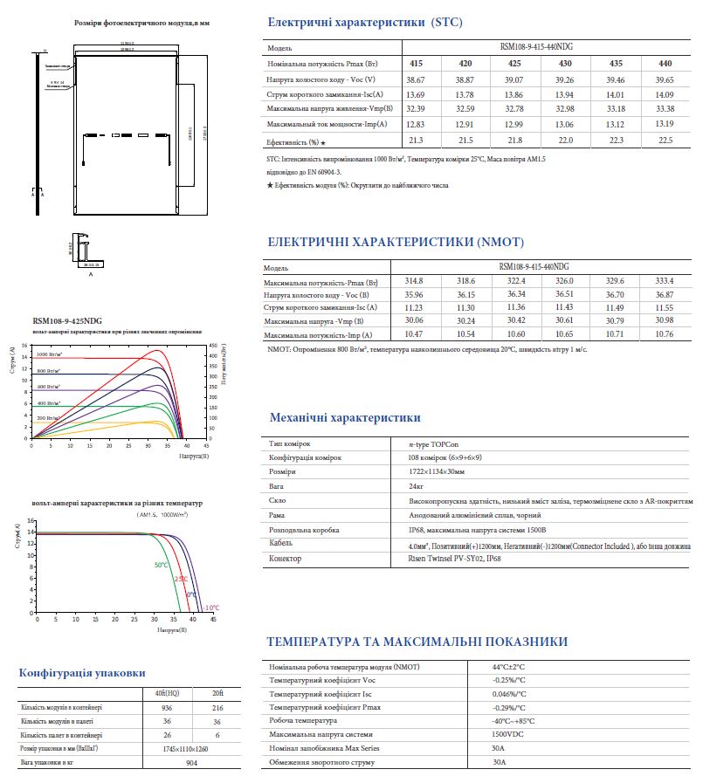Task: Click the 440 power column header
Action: tap(665, 64)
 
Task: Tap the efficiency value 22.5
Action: tap(665, 140)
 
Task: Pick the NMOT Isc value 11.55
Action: tap(665, 307)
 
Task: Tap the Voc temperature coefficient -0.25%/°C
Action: tap(509, 680)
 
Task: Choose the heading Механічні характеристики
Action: tap(345, 418)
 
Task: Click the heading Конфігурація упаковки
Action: tap(82, 673)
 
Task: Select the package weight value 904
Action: tap(192, 763)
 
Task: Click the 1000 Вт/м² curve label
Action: tap(49, 355)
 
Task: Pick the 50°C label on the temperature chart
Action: tap(162, 565)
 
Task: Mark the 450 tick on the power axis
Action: tap(212, 346)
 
